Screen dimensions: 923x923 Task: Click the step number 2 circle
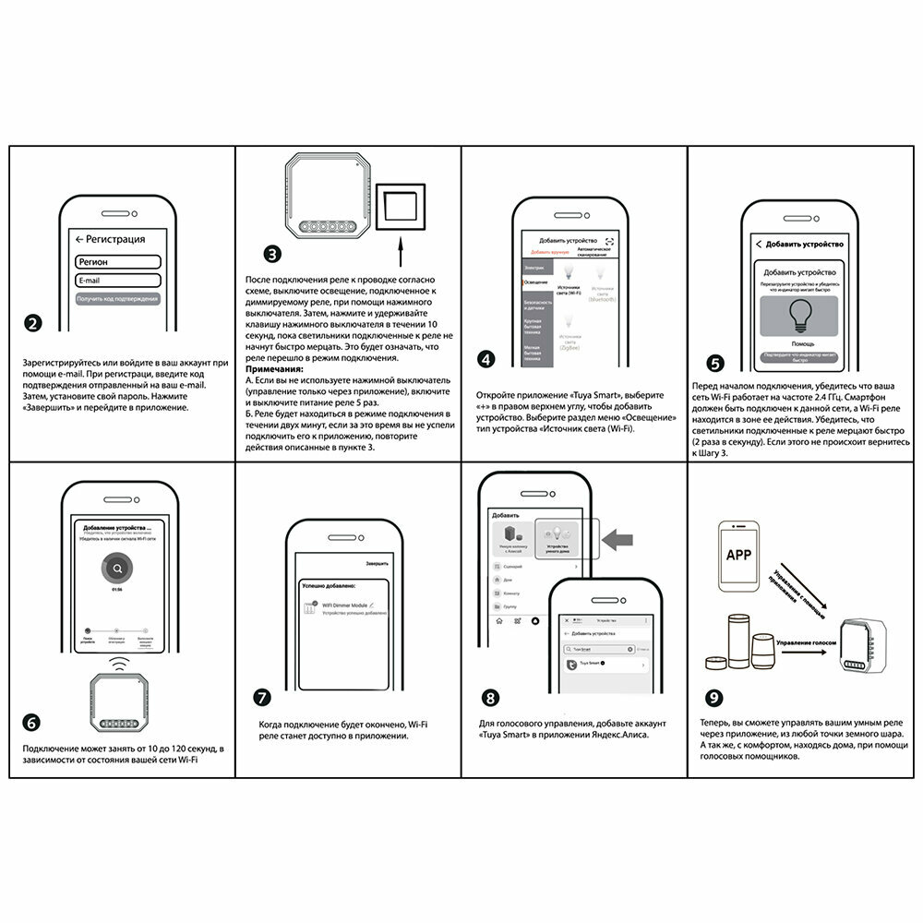(x=33, y=323)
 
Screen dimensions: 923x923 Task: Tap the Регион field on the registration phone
(x=118, y=262)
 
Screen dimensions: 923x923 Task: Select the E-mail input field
(x=118, y=280)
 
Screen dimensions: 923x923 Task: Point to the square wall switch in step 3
(x=402, y=206)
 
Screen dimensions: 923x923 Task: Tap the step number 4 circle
(x=485, y=360)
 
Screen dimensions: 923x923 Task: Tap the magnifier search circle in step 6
(x=117, y=569)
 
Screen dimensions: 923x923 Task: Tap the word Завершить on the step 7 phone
(x=377, y=563)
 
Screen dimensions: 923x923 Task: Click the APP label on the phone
(x=739, y=555)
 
